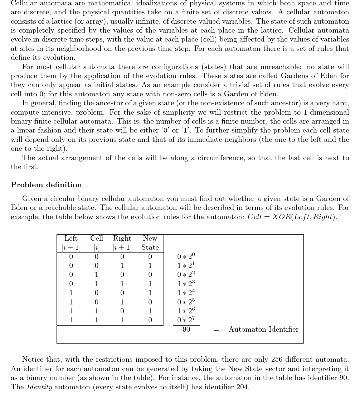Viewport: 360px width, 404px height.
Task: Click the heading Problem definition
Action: click(46, 185)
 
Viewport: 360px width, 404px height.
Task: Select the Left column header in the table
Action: click(71, 239)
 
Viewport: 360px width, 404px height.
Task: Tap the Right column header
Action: click(122, 239)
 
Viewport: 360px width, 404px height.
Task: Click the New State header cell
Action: click(150, 242)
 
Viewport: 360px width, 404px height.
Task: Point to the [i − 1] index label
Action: click(71, 247)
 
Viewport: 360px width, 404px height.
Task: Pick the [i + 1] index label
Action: click(122, 247)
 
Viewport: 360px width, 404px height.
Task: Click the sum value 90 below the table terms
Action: click(186, 329)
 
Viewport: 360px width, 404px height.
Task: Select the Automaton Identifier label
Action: click(263, 330)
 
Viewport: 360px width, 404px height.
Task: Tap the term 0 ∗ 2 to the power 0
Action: click(186, 256)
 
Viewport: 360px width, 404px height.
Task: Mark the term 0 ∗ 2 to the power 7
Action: click(186, 320)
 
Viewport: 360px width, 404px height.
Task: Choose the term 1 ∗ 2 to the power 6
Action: click(186, 311)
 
